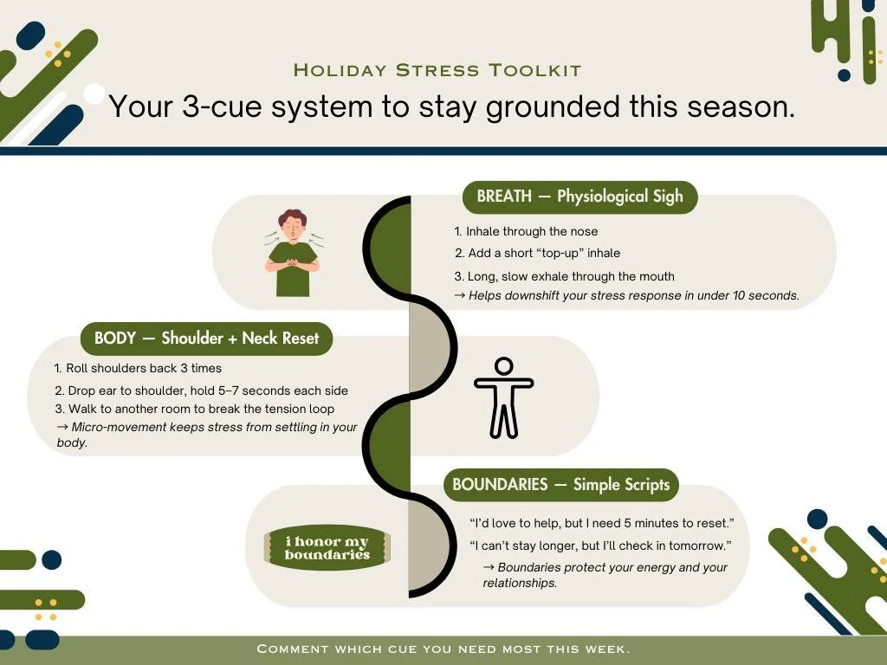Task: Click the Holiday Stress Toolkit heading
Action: coord(437,70)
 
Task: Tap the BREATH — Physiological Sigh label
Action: coord(579,197)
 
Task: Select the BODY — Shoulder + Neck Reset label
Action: coord(206,338)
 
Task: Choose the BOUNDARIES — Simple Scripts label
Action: coord(560,484)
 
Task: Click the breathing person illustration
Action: coord(293,252)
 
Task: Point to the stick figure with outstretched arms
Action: coord(503,397)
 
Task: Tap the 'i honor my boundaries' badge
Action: coord(327,548)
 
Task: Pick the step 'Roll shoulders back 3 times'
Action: coord(143,368)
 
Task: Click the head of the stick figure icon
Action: coord(503,366)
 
